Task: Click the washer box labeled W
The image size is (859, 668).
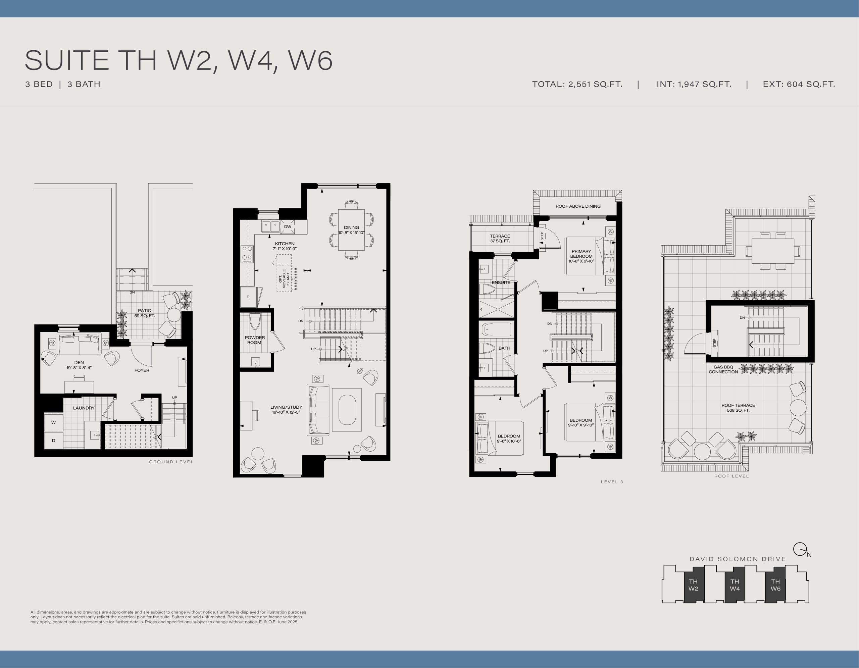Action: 53,422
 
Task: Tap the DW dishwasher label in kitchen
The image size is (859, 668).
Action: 288,226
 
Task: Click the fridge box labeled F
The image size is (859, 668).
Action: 248,297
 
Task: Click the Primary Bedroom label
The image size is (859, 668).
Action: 581,256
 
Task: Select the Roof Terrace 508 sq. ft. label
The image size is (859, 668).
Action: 738,408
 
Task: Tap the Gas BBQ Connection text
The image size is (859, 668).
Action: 723,369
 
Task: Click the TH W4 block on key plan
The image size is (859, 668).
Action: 734,585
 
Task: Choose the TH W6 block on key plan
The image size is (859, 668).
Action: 775,585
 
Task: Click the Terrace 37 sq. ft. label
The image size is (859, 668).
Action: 500,238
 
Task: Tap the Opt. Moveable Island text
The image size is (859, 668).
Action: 284,278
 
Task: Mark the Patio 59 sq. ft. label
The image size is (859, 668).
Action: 144,313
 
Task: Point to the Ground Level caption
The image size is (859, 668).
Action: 171,462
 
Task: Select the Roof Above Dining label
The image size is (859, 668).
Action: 577,206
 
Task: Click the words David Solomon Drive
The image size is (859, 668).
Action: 738,559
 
